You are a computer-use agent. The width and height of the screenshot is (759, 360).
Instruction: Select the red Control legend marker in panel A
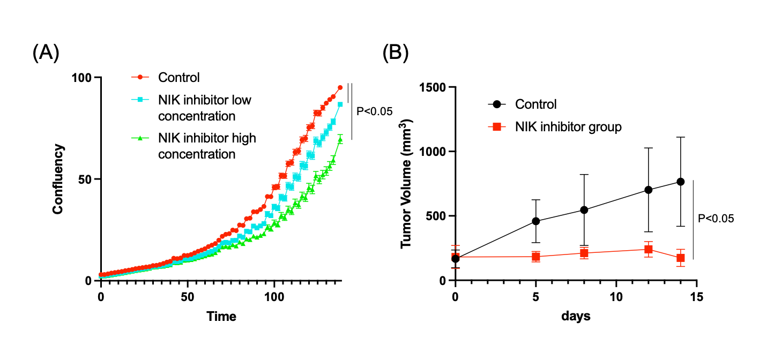tap(140, 77)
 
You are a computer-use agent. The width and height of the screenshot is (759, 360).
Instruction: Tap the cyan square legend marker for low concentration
tap(140, 100)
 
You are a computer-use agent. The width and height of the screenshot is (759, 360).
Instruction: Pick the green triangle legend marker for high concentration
tap(140, 138)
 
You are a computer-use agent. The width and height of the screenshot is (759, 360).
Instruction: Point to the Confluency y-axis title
tap(58, 179)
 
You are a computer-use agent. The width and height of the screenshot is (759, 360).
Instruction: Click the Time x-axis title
tap(221, 317)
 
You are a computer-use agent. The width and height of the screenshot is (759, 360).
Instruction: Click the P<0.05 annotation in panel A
tap(375, 111)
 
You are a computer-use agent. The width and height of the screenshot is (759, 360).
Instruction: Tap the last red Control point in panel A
tap(340, 87)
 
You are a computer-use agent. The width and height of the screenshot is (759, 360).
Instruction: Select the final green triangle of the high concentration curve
tap(340, 140)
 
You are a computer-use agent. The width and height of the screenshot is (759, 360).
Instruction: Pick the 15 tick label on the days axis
tap(696, 296)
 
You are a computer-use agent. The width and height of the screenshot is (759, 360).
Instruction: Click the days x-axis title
tap(576, 317)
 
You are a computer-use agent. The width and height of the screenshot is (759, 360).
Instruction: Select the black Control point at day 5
tap(536, 221)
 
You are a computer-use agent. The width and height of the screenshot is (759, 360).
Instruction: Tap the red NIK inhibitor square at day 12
tap(649, 249)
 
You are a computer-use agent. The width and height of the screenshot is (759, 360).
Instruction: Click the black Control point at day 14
tap(681, 182)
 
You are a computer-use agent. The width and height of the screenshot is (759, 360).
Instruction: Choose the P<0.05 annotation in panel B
tap(716, 219)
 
